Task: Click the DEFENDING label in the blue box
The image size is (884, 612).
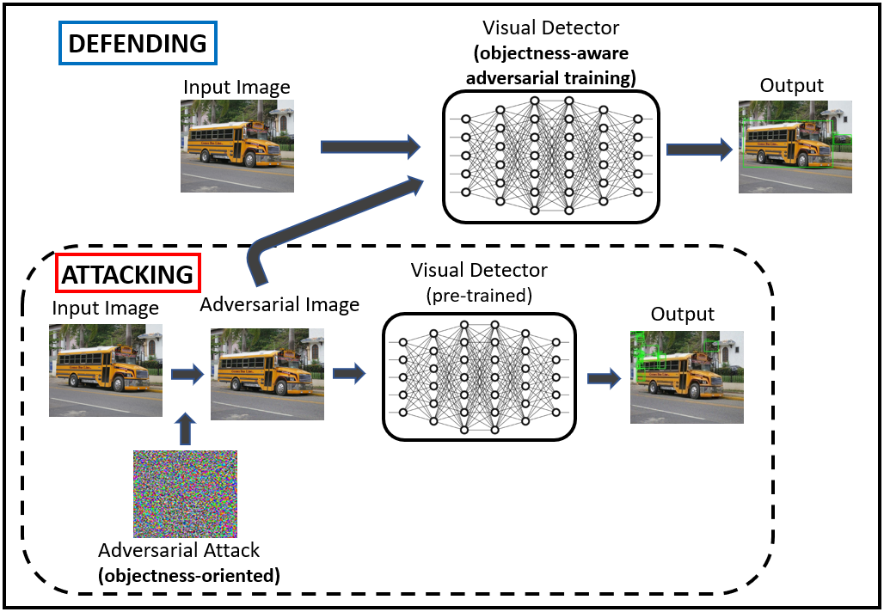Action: pos(138,43)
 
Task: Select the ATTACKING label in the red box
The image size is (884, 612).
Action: pos(128,274)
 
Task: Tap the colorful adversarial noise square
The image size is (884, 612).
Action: pos(185,493)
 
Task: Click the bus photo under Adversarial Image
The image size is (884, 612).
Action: pos(267,374)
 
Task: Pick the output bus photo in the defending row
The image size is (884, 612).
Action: pos(795,146)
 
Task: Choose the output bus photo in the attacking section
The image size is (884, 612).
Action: pos(687,376)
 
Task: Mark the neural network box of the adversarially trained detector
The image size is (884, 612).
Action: pos(551,155)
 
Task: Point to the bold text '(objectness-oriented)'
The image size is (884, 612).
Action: pos(190,575)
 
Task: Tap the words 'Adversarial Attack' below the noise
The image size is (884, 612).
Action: pos(179,550)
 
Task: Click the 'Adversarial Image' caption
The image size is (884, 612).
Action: pos(279,305)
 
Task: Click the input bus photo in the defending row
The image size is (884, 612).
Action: pos(237,145)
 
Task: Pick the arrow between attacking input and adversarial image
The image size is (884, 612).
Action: pos(187,374)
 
